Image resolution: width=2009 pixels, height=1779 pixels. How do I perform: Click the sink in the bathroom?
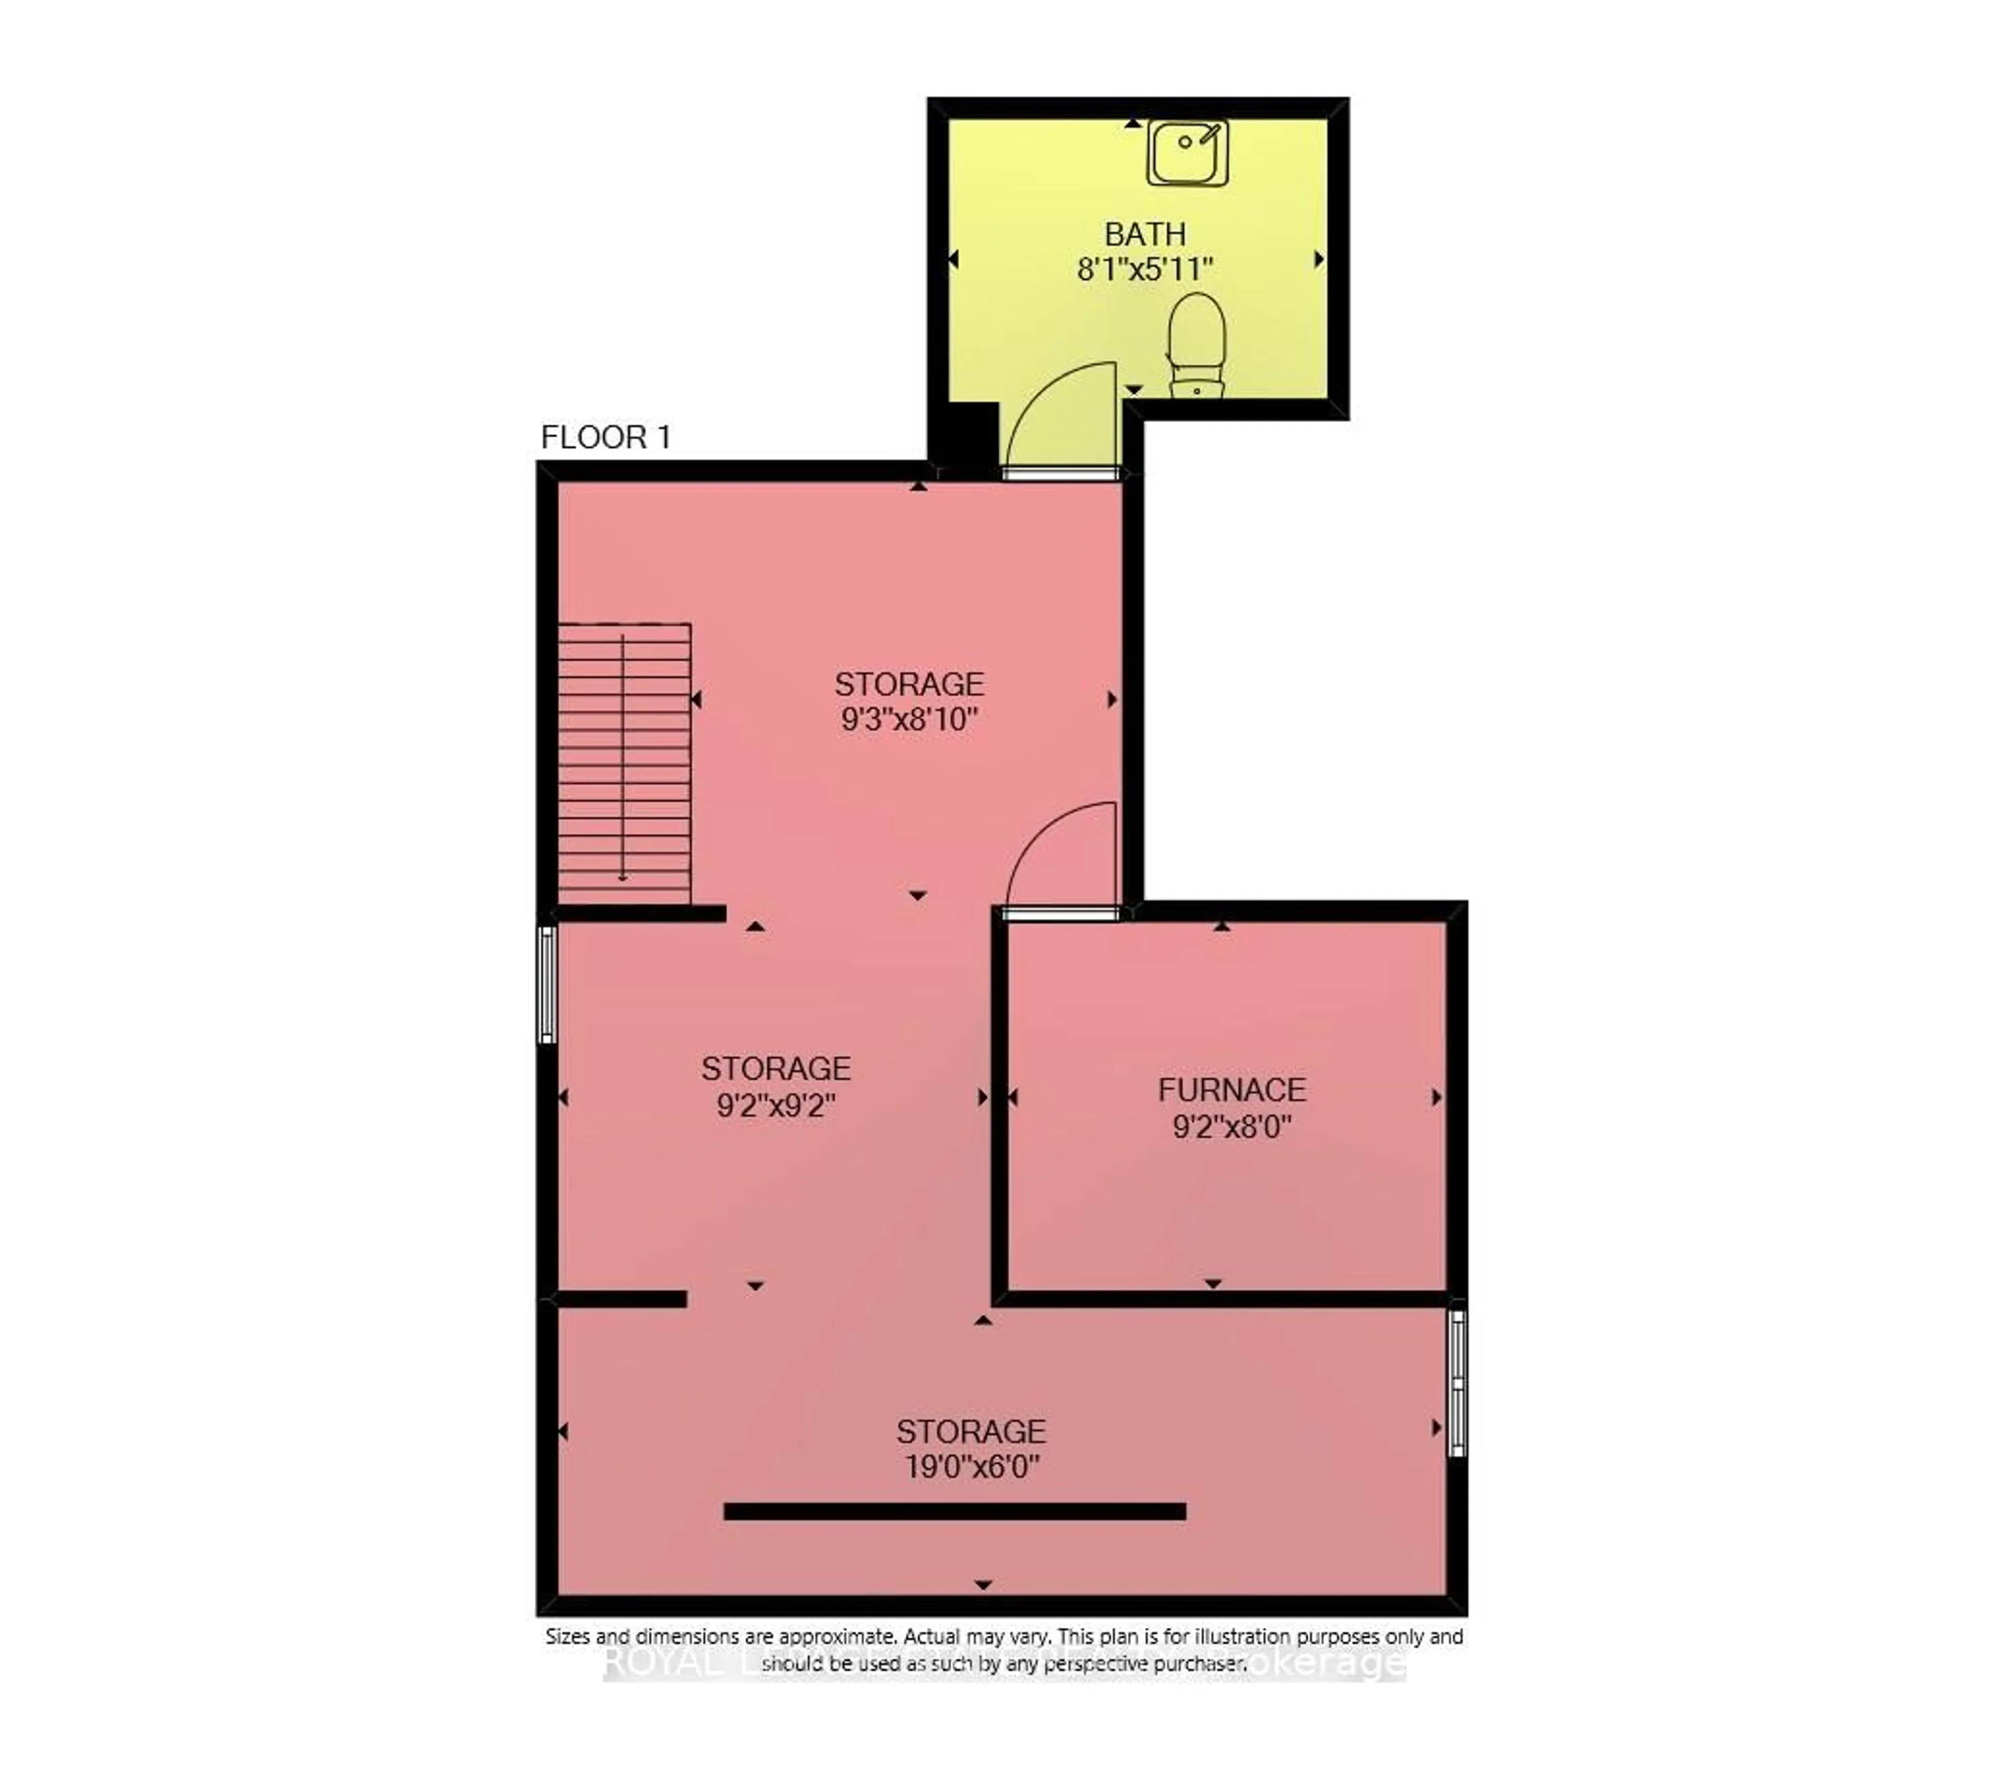[x=1187, y=153]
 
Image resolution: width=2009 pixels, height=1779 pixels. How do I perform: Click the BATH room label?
[x=1145, y=234]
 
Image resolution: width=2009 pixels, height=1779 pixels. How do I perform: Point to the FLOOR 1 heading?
[x=605, y=437]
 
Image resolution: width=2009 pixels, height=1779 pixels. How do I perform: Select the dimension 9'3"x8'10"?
[x=909, y=719]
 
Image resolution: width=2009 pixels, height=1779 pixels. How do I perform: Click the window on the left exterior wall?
[x=547, y=983]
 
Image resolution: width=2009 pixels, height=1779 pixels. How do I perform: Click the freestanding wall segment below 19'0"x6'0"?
[x=954, y=1512]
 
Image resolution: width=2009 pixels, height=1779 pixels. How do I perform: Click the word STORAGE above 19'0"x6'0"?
[x=971, y=1431]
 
